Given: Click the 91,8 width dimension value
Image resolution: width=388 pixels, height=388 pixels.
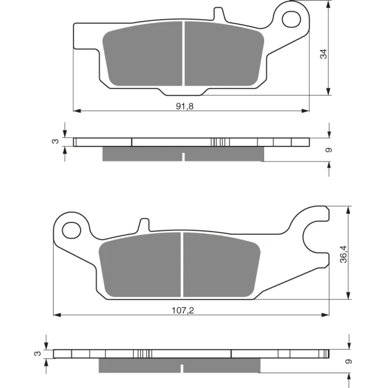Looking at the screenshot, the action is click(185, 106).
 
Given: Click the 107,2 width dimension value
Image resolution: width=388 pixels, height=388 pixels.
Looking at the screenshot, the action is click(183, 310).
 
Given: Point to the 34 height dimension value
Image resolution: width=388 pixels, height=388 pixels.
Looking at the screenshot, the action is click(323, 54).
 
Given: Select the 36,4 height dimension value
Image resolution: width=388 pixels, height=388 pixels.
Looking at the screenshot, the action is click(344, 254).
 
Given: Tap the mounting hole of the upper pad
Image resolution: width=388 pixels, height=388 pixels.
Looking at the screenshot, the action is click(291, 19).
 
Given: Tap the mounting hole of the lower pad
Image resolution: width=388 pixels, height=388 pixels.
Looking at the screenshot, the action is click(71, 230).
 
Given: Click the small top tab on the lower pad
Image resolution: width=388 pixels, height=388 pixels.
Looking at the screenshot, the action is click(144, 225).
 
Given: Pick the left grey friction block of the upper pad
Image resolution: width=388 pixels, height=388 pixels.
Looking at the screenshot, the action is click(143, 54).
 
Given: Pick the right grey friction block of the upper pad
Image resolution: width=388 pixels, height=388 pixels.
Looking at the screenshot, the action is click(224, 54).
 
